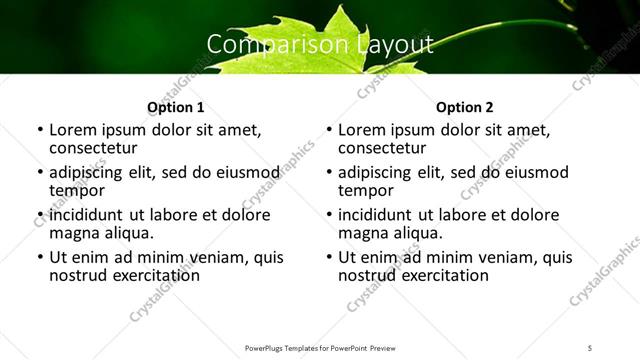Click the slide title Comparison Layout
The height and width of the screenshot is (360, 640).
pyautogui.click(x=319, y=44)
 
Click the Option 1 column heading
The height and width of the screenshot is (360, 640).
pyautogui.click(x=176, y=107)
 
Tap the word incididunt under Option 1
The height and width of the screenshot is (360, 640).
pyautogui.click(x=86, y=215)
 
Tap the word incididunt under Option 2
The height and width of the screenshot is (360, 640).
pyautogui.click(x=375, y=215)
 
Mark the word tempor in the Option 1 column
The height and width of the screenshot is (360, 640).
pyautogui.click(x=77, y=190)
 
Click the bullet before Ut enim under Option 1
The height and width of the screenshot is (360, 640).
pyautogui.click(x=40, y=258)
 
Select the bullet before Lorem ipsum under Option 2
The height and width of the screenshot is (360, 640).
pyautogui.click(x=329, y=131)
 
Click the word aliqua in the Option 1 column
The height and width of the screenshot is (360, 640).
pyautogui.click(x=129, y=232)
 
